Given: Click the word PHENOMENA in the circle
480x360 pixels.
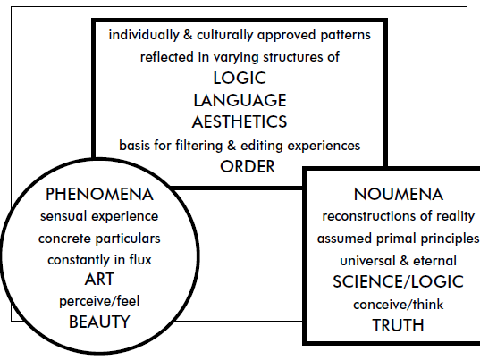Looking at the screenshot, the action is pos(99,194).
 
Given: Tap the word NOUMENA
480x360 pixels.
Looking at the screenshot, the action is pos(399,194).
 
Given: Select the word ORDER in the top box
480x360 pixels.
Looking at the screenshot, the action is pos(248,167).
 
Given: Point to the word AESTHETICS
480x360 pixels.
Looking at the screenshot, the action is pos(240,121).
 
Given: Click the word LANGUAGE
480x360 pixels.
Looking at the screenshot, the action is pos(240,100).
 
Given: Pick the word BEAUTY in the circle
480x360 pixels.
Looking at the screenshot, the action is pos(99,322).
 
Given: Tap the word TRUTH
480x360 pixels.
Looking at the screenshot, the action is pos(399,325).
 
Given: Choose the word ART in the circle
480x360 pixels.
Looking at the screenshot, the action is pos(99,279).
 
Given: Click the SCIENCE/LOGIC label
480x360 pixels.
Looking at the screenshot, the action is pos(398,281).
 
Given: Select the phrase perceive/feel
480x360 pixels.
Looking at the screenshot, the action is pos(99,301).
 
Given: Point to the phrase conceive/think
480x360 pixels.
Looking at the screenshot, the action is pos(399,305).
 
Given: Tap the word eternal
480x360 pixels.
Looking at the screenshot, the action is pos(434,261).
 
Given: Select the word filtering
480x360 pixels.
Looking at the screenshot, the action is pos(198,146).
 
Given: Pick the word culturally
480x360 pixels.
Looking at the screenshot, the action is pos(225,35).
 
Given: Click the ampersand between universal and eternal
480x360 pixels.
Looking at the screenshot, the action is pos(404,261).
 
